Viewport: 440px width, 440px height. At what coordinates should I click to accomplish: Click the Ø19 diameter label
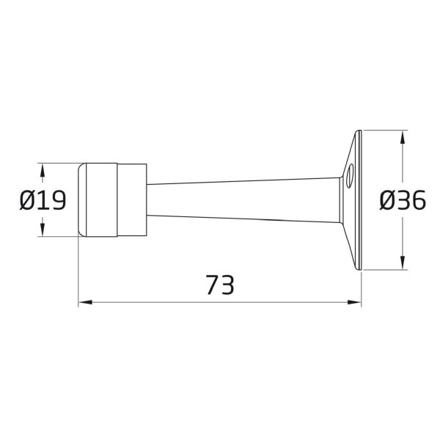tap(43, 200)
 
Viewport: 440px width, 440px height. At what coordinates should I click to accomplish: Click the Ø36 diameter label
tap(403, 200)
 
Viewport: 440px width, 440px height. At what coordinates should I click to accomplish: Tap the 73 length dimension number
tap(220, 285)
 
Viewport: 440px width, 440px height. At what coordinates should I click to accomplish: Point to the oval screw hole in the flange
tap(350, 176)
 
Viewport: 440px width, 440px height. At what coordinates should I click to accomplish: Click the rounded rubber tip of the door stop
tap(82, 199)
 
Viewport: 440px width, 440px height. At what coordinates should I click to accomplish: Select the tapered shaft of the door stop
tap(243, 199)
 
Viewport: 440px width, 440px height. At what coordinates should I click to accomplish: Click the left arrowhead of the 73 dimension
tap(85, 302)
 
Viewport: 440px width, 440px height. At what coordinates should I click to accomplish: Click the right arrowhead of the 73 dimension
tap(354, 302)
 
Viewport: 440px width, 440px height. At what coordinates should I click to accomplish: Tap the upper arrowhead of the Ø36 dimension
tap(403, 138)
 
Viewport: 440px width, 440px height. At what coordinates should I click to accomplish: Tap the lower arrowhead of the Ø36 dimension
tap(403, 263)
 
